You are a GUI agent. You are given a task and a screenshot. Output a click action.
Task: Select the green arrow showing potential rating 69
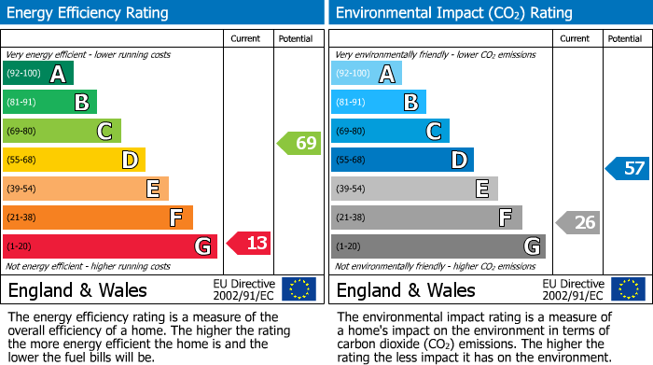299,144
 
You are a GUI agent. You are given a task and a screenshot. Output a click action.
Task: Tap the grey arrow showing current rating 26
577,222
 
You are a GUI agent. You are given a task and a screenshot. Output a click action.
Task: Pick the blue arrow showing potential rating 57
628,169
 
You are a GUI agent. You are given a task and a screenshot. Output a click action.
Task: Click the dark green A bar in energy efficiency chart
37,74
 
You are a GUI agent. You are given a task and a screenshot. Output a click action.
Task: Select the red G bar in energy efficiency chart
110,246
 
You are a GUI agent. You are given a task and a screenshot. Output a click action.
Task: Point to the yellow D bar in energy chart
74,160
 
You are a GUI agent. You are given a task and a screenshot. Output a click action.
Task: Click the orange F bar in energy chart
98,218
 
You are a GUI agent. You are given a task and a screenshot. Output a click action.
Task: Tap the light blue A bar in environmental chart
366,74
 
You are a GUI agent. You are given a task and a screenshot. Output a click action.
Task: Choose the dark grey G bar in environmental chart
438,246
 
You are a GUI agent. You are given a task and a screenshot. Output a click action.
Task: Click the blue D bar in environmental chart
402,160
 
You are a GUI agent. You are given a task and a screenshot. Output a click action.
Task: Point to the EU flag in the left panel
299,289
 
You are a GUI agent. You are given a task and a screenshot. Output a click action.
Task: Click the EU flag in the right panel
627,289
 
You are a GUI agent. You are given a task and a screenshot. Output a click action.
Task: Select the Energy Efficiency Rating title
89,13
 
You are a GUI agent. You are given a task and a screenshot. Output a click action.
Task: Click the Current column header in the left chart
247,38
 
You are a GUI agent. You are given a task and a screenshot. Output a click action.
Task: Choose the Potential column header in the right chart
625,38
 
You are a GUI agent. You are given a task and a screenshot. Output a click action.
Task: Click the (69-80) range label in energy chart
22,132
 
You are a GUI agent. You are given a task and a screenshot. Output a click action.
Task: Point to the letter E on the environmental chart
482,189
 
